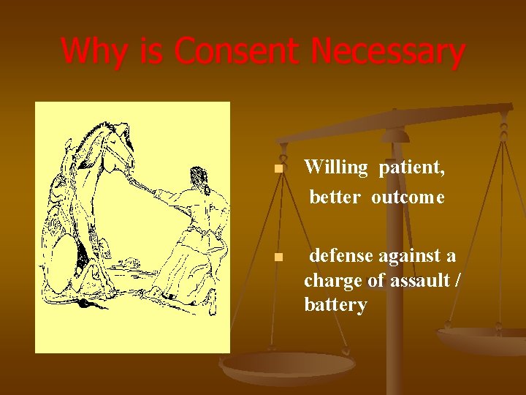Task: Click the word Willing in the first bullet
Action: click(336, 168)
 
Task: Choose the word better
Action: click(335, 197)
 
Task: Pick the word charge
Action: click(329, 280)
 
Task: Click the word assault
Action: click(415, 280)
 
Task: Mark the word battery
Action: click(335, 304)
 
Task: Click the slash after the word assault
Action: click(457, 280)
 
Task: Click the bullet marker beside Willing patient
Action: click(278, 170)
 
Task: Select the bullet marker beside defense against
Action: click(278, 257)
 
